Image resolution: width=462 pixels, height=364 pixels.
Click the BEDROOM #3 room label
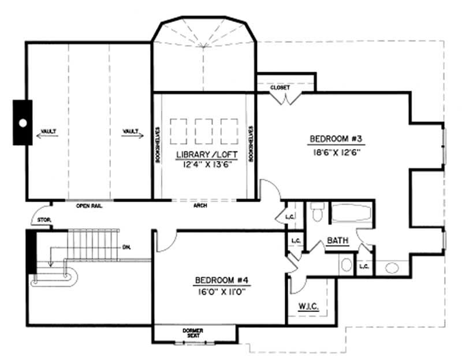[339, 139]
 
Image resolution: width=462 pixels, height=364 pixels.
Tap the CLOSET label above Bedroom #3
[280, 87]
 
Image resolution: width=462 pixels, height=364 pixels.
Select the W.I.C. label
[310, 306]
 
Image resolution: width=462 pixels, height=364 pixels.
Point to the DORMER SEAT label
[194, 333]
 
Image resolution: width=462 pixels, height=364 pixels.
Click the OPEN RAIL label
[89, 205]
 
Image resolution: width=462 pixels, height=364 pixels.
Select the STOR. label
[44, 220]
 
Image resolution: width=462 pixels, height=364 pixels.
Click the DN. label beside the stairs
[126, 247]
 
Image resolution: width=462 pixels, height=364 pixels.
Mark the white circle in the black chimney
[23, 123]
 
